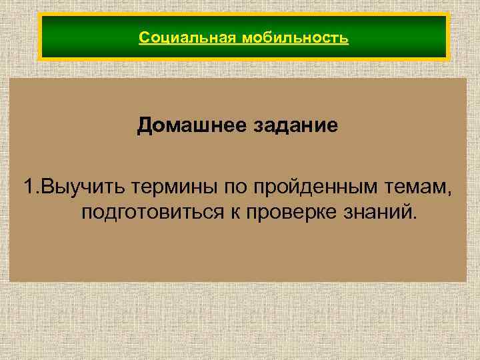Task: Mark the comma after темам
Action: pos(449,193)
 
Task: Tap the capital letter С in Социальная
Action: pos(143,37)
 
